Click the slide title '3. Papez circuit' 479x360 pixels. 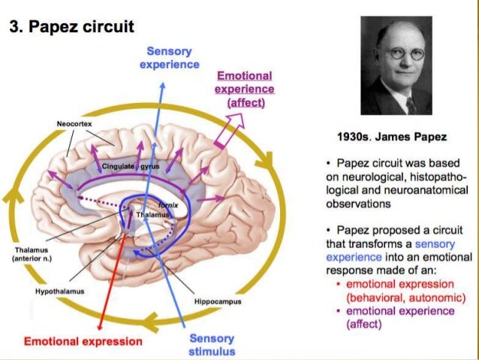[x=71, y=27]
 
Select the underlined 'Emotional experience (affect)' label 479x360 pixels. [x=245, y=89]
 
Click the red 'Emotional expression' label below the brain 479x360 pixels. [x=83, y=341]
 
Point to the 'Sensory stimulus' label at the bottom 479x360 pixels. [x=212, y=345]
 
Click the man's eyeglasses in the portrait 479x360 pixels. [x=404, y=54]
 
